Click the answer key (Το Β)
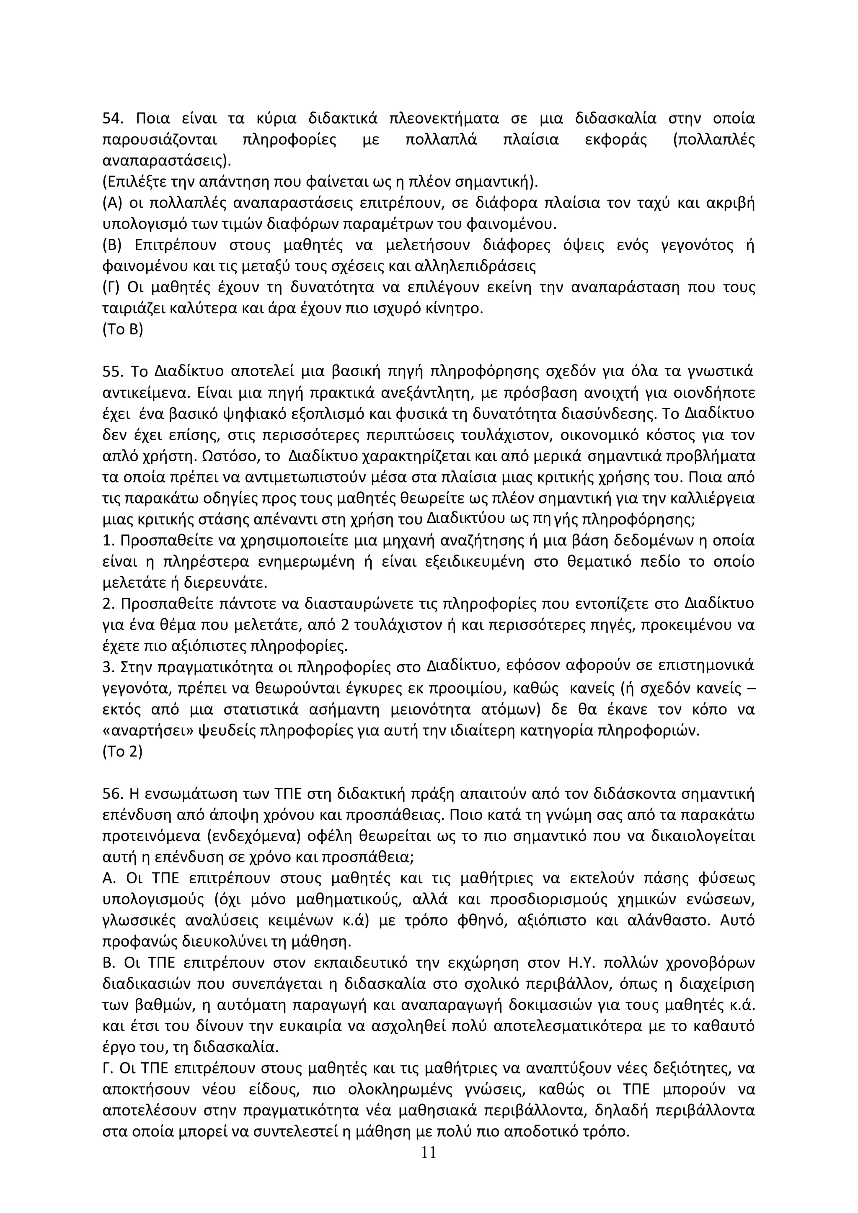coord(122,329)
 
